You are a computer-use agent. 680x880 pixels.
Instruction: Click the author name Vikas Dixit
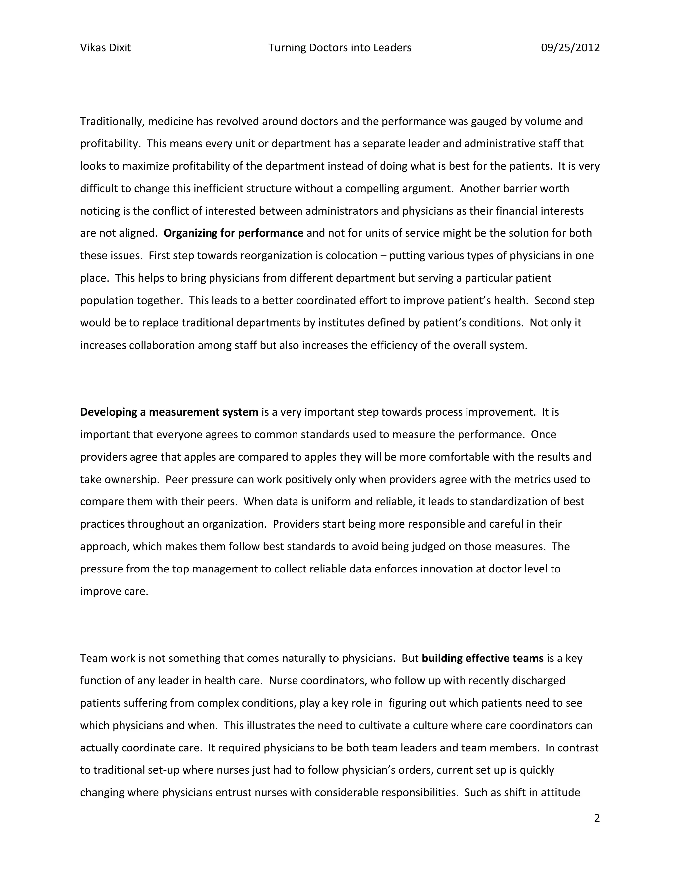[106, 48]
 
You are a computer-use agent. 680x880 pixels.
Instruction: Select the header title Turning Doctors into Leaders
[340, 48]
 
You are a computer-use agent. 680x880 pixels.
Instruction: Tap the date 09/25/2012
[570, 48]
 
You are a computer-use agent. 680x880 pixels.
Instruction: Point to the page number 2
[597, 818]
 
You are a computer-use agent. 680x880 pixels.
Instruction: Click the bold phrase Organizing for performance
[233, 233]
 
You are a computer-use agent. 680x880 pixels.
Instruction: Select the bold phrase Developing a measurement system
[169, 412]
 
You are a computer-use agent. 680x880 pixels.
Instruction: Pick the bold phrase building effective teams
[482, 658]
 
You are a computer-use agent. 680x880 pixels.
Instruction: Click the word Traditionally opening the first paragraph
[110, 121]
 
